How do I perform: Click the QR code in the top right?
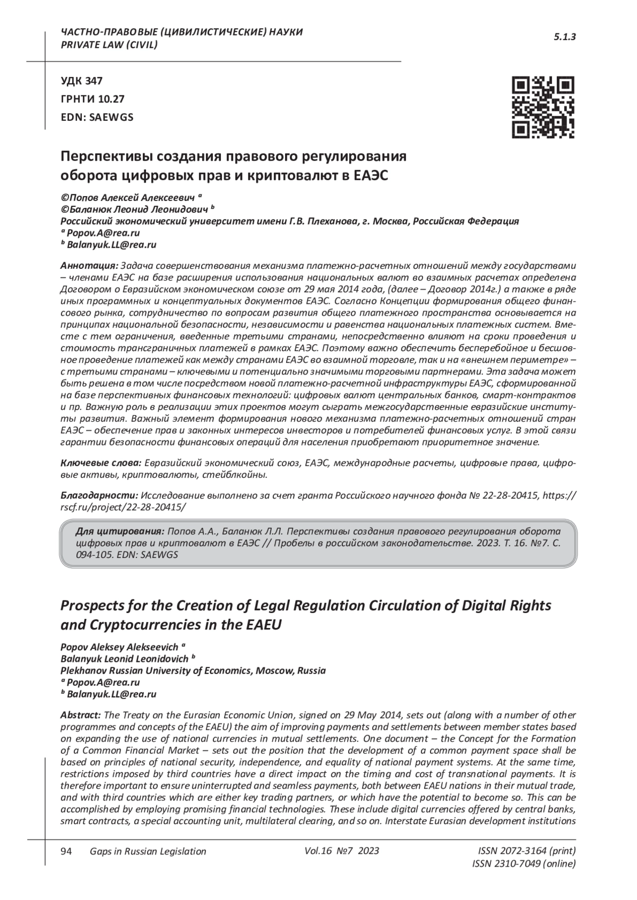(x=543, y=108)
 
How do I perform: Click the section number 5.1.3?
(x=565, y=37)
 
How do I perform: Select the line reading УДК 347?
(x=82, y=81)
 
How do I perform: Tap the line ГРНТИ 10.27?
(x=93, y=99)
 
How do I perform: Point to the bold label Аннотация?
(x=90, y=265)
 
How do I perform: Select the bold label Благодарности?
(x=99, y=495)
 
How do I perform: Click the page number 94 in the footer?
(x=66, y=851)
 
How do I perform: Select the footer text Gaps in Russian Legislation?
(x=148, y=852)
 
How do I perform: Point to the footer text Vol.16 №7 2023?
(x=342, y=851)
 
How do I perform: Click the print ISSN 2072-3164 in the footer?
(x=527, y=851)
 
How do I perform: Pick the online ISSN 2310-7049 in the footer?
(x=523, y=864)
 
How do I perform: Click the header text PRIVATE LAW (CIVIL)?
(x=109, y=45)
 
